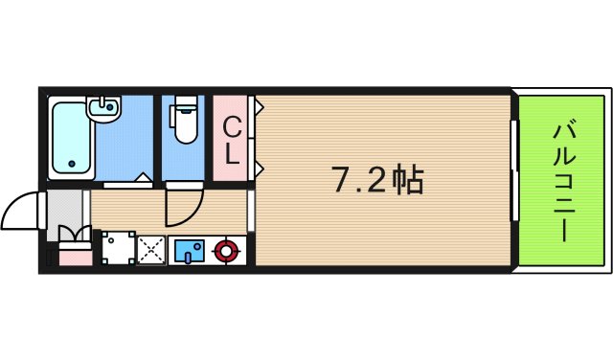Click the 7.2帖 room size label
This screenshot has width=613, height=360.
click(x=377, y=179)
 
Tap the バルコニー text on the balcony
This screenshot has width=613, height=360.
click(x=562, y=179)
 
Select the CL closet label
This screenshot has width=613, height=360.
click(x=232, y=139)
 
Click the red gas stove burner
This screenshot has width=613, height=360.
click(x=226, y=252)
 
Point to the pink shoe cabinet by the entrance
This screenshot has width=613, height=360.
click(x=75, y=256)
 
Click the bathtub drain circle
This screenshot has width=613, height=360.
click(x=70, y=164)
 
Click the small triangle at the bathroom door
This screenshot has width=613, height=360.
click(x=141, y=177)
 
